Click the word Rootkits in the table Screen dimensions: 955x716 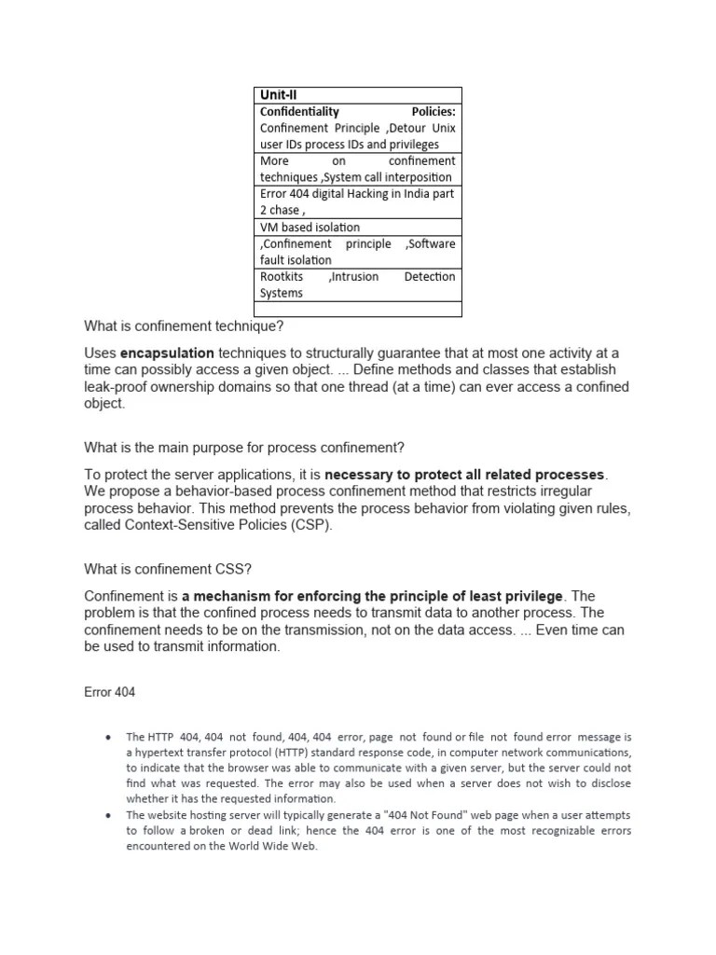pyautogui.click(x=282, y=277)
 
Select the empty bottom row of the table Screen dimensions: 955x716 pyautogui.click(x=358, y=309)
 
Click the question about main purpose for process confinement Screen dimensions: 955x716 pyautogui.click(x=244, y=448)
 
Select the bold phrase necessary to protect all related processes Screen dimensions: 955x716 pyautogui.click(x=466, y=475)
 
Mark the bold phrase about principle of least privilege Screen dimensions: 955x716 pyautogui.click(x=373, y=596)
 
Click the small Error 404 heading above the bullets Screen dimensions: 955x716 pyautogui.click(x=110, y=693)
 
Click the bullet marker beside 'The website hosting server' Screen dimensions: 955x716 pyautogui.click(x=109, y=814)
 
